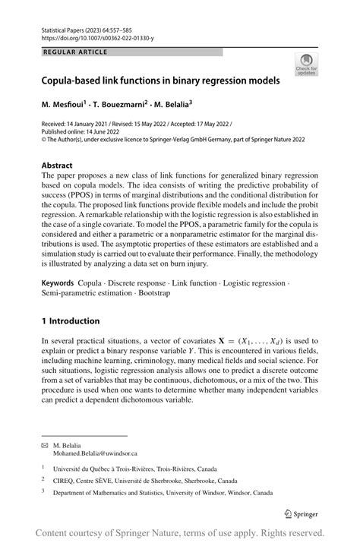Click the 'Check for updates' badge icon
[x=308, y=65]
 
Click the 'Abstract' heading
[x=57, y=165]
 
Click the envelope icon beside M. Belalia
[x=45, y=445]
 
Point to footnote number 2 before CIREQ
[x=43, y=479]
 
